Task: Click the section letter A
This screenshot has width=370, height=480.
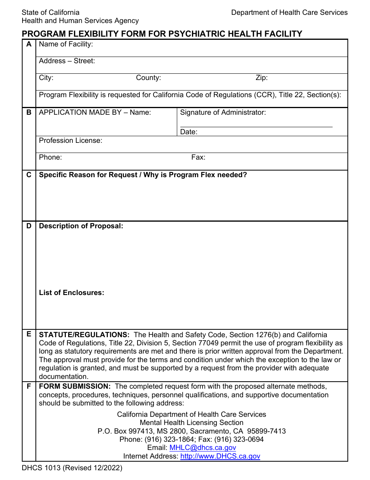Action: pyautogui.click(x=29, y=44)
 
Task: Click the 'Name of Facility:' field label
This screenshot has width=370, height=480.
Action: pyautogui.click(x=66, y=44)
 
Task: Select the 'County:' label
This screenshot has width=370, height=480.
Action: pyautogui.click(x=148, y=78)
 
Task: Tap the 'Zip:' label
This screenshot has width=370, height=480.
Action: pyautogui.click(x=261, y=78)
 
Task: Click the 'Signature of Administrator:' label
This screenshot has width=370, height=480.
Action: pyautogui.click(x=223, y=112)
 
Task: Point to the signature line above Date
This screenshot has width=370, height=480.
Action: pyautogui.click(x=256, y=126)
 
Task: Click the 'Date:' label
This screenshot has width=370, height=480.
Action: pyautogui.click(x=189, y=132)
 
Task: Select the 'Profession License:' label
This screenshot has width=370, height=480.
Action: pyautogui.click(x=70, y=140)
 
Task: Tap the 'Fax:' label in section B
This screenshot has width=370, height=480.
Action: pyautogui.click(x=198, y=157)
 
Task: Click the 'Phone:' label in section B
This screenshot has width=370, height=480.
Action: pyautogui.click(x=50, y=157)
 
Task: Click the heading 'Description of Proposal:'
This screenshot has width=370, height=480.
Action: pyautogui.click(x=81, y=226)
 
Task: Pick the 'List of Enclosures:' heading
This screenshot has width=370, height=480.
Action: pyautogui.click(x=72, y=293)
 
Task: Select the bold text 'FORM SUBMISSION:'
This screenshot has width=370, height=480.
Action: pyautogui.click(x=75, y=386)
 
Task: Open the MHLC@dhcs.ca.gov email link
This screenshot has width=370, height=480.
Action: pyautogui.click(x=203, y=448)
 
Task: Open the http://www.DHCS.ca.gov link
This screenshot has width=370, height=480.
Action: pyautogui.click(x=220, y=456)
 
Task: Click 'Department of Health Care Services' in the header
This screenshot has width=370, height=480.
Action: pyautogui.click(x=289, y=12)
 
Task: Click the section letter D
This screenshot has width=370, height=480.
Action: pyautogui.click(x=29, y=226)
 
